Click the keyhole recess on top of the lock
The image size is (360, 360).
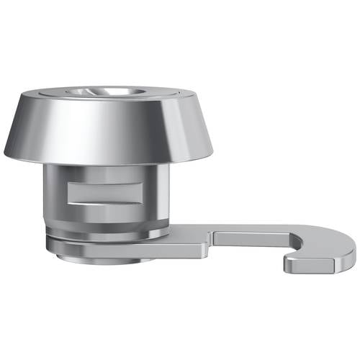[x=108, y=91]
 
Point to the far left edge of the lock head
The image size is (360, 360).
[x=6, y=153]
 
